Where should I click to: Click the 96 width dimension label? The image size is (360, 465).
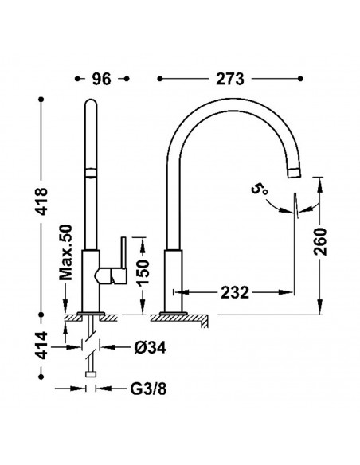(x=101, y=79)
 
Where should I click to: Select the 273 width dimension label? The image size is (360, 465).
(x=230, y=79)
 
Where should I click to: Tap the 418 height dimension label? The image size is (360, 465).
(x=41, y=201)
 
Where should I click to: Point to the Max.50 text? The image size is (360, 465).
(x=66, y=252)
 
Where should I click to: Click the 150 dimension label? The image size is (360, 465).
(x=143, y=272)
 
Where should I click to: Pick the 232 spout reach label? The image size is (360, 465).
(x=235, y=292)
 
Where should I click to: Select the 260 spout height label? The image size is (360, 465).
(x=320, y=241)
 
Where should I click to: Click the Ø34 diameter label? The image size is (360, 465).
(x=150, y=347)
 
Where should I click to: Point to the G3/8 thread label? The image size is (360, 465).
(x=149, y=389)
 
